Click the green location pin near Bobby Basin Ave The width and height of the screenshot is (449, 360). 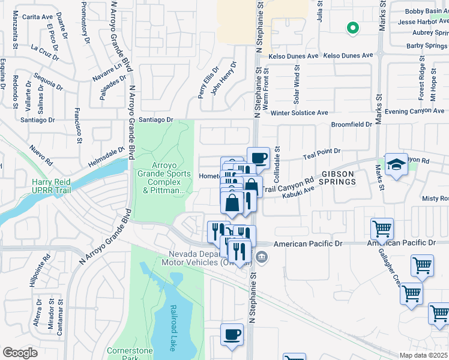(x=353, y=28)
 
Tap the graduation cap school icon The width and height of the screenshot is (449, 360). (x=397, y=165)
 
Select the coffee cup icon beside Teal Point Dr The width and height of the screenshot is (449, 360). (x=258, y=158)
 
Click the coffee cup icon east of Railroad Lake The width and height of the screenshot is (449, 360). (x=232, y=335)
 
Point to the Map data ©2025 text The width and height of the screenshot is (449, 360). (x=423, y=355)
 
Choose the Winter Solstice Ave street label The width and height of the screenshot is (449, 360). (x=299, y=112)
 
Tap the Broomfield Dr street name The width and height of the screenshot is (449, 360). (x=352, y=124)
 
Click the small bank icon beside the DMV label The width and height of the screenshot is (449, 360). (x=262, y=257)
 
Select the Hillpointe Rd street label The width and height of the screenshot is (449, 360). (x=40, y=273)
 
